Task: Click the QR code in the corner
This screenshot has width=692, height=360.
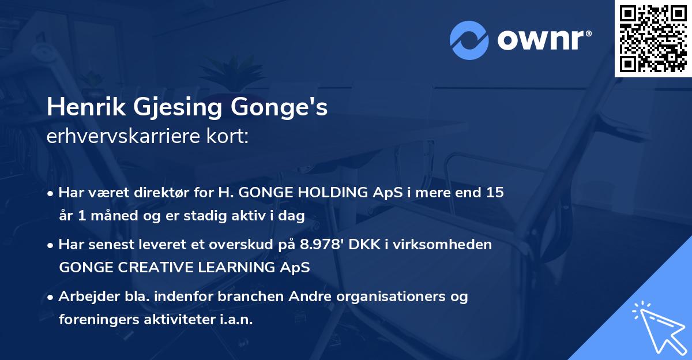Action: [653, 38]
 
